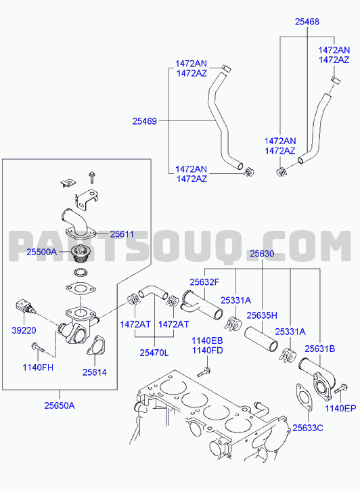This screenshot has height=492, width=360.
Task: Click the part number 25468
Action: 307,22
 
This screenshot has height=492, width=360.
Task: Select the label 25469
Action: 144,121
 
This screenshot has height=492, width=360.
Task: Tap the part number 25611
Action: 122,234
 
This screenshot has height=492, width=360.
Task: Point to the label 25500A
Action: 42,252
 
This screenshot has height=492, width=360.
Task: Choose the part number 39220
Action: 24,330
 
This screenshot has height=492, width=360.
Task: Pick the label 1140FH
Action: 38,367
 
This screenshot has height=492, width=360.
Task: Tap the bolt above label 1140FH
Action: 39,348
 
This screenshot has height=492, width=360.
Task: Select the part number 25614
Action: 95,372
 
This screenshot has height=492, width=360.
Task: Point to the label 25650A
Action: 60,405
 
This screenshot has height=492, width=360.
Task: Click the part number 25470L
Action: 154,353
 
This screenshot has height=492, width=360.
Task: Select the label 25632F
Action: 204,282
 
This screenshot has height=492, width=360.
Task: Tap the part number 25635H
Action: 262,315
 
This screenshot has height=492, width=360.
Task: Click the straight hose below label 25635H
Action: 261,338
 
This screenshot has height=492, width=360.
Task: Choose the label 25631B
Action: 320,349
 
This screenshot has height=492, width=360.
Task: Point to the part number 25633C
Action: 308,428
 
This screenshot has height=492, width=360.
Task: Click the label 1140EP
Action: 340,408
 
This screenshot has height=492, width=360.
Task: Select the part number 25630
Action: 262,254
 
